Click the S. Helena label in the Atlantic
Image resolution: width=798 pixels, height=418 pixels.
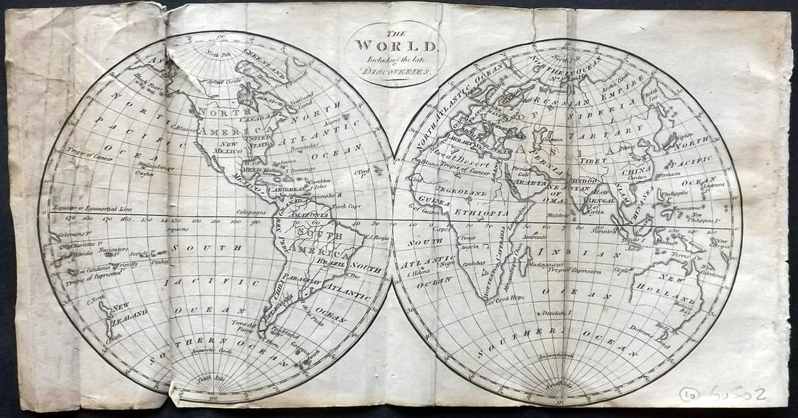[x=419, y=273]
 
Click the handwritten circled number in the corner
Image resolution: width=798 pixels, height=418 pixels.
[x=689, y=394]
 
